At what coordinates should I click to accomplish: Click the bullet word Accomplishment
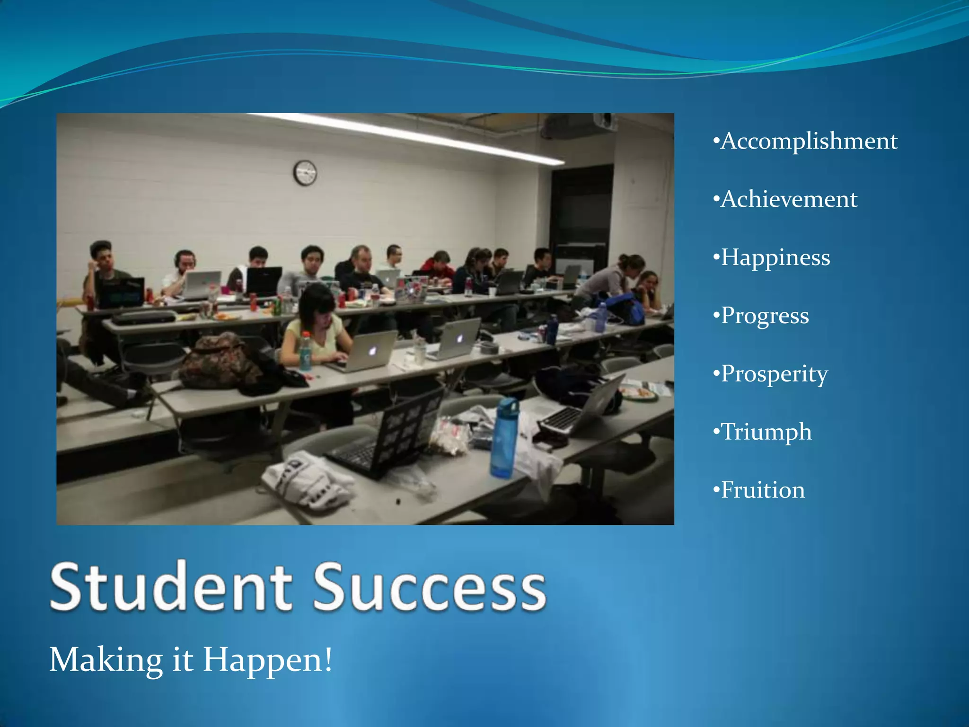[x=809, y=141]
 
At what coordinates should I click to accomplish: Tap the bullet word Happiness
[x=775, y=257]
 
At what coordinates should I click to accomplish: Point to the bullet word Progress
[x=765, y=316]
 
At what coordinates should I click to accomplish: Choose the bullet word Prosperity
[x=774, y=374]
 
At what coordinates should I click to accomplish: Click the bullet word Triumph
[x=766, y=432]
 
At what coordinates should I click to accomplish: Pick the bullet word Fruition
[x=762, y=490]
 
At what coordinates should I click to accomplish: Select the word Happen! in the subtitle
[x=268, y=660]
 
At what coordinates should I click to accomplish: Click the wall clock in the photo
[x=305, y=173]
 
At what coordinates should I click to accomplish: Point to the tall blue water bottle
[x=504, y=438]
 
